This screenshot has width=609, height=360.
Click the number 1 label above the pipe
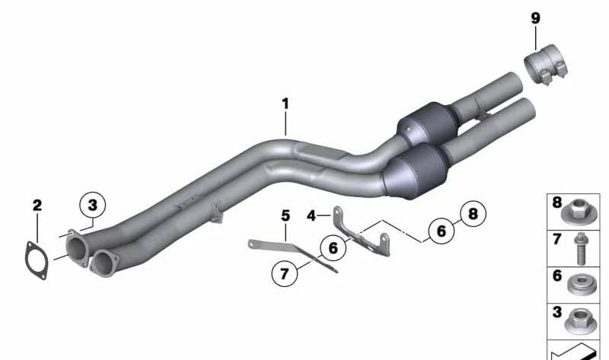tap(285, 104)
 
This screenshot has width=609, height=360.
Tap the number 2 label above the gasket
tap(37, 205)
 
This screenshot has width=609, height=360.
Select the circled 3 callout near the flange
tap(92, 205)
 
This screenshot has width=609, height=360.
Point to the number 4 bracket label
tap(311, 215)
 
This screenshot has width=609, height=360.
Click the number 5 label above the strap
tap(285, 215)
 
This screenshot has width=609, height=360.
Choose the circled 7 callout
tap(284, 274)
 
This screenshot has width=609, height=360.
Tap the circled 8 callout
tap(473, 214)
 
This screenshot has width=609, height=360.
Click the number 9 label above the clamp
tap(536, 18)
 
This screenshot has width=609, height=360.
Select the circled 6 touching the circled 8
tap(442, 231)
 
